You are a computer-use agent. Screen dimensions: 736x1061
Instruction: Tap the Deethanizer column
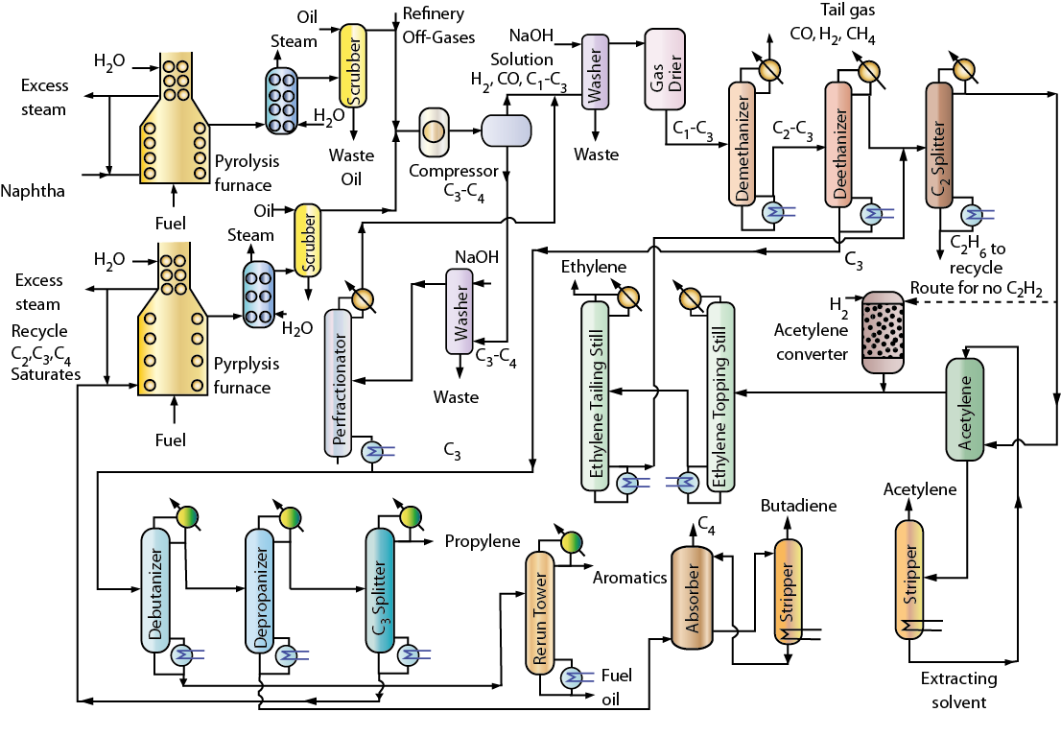click(839, 144)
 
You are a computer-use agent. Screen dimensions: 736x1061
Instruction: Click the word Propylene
click(482, 542)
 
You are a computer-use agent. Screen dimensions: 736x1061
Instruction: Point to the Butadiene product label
click(798, 507)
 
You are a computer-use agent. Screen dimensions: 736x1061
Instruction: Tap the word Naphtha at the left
click(33, 191)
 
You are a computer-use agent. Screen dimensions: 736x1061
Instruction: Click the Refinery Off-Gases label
click(434, 23)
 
